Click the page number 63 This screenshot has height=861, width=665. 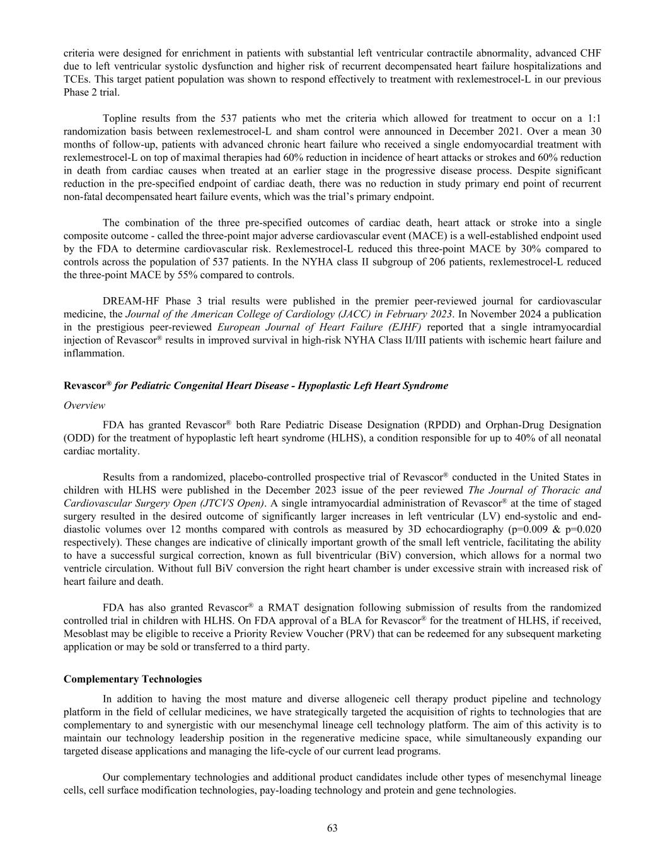(x=332, y=828)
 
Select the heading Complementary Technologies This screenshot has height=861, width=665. (x=133, y=679)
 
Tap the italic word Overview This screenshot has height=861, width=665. (x=84, y=405)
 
